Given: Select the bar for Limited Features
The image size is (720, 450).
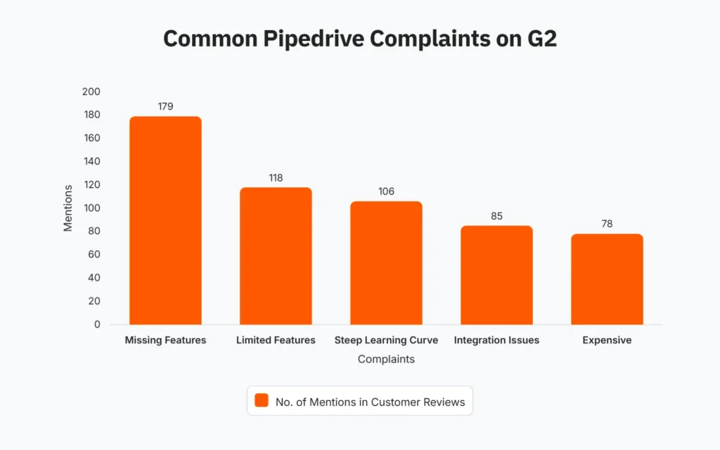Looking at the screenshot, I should click(x=276, y=256).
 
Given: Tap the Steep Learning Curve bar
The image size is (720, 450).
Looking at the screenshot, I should click(x=386, y=263).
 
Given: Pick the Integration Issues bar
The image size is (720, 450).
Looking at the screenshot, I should click(x=496, y=275).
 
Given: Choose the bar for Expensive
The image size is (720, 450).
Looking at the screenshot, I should click(x=607, y=279).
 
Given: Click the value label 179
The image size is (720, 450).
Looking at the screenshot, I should click(x=165, y=106).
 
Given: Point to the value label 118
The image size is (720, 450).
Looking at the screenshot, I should click(x=276, y=178).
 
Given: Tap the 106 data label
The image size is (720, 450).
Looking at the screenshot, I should click(x=386, y=191).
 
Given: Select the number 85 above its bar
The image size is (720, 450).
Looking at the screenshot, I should click(x=496, y=216).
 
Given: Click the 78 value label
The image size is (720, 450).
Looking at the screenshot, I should click(x=607, y=224).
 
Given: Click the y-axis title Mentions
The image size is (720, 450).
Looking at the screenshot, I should click(x=68, y=208).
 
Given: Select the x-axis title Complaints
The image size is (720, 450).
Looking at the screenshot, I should click(x=386, y=359).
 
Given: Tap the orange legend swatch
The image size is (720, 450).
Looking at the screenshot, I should click(x=262, y=401).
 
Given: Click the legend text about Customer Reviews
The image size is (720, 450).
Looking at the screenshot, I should click(x=370, y=401).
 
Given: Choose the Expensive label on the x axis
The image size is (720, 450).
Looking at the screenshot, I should click(x=607, y=340).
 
